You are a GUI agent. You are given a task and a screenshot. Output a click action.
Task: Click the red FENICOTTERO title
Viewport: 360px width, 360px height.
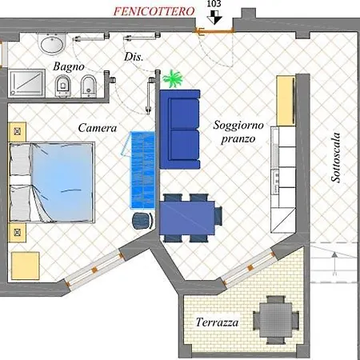coord(154,11)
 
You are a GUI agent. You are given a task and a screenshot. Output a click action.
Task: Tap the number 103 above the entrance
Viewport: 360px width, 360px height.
coord(214,4)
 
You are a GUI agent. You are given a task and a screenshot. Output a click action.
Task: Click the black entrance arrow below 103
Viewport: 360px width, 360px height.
coord(214,18)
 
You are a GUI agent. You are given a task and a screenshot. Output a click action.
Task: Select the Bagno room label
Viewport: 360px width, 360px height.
coord(69,66)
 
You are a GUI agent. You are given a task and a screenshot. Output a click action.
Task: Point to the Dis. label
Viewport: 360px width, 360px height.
coord(134,57)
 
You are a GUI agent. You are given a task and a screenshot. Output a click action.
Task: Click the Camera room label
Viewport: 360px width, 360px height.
coord(98,128)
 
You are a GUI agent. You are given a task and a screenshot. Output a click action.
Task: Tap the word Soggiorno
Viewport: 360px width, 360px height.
coord(238,125)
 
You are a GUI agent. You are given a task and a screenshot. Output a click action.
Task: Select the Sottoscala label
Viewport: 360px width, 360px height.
coord(336,158)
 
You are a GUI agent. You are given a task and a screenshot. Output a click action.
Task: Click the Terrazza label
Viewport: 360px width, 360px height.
coord(217,322)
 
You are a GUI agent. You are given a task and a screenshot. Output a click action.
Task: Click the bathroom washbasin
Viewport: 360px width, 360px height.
coord(52,43)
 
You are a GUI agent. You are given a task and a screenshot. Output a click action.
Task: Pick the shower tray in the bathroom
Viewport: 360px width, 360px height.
coord(26,83)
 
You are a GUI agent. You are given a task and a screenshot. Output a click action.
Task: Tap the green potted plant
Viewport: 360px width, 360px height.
coord(173,79)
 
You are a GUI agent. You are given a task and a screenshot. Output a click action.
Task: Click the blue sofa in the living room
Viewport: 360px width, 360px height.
coord(180,130)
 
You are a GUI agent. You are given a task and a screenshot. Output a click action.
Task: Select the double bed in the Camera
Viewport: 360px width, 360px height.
coord(52,182)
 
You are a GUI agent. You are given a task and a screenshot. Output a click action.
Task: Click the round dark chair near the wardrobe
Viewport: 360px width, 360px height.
coord(142,221)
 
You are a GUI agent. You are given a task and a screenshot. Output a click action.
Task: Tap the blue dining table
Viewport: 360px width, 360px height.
coord(187,218)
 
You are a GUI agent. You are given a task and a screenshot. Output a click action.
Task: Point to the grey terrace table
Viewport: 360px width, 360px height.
coord(276,319)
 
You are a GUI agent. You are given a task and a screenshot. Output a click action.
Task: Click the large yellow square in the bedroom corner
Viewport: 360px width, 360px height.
coord(26,266)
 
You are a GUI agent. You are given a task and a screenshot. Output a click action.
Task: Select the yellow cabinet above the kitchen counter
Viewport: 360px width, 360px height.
coord(286,101)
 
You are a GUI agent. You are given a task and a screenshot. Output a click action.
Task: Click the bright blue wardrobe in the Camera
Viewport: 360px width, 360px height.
coord(142,170)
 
